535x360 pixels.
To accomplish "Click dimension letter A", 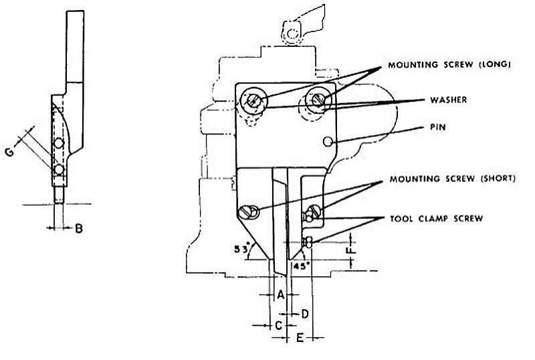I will pyautogui.click(x=281, y=294).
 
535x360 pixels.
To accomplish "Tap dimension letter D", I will pyautogui.click(x=304, y=312).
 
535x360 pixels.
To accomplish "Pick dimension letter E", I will pyautogui.click(x=300, y=338).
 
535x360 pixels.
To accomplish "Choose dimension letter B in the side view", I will pyautogui.click(x=78, y=229).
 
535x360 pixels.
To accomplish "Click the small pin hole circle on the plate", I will pyautogui.click(x=327, y=141).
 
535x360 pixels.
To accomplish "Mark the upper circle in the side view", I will pyautogui.click(x=60, y=144).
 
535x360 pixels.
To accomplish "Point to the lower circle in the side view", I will pyautogui.click(x=59, y=169).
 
